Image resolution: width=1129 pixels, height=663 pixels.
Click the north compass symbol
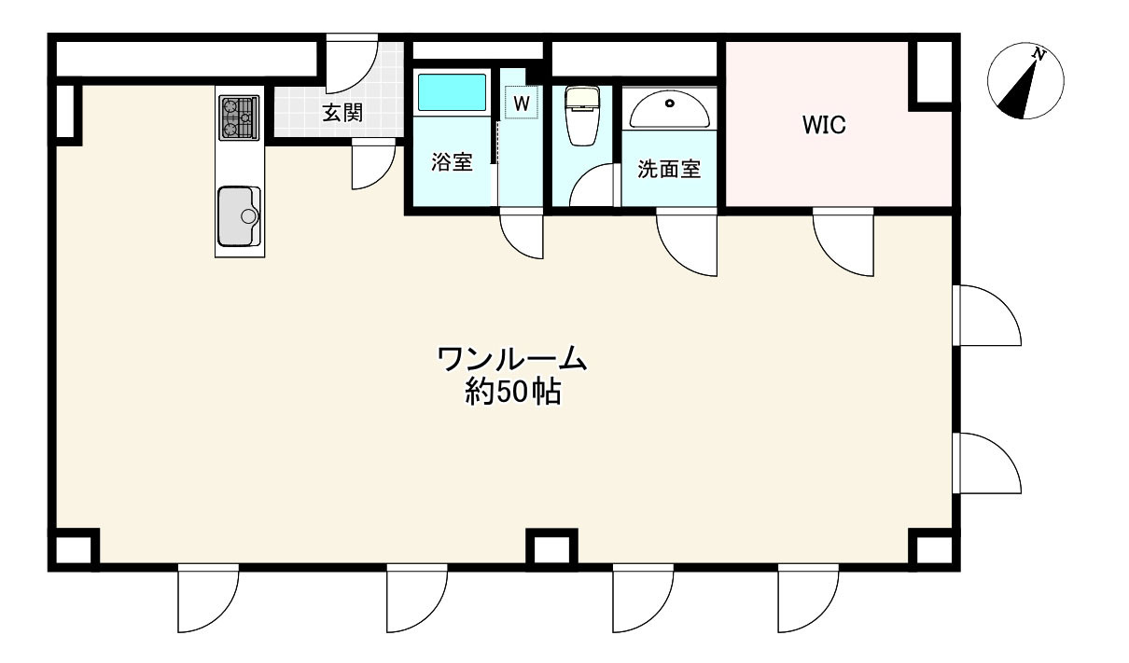click(1025, 81)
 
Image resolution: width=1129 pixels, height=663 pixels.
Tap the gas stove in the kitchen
click(238, 117)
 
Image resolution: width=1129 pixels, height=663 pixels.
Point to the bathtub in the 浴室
click(452, 93)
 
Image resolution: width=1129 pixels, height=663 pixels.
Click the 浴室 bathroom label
click(452, 162)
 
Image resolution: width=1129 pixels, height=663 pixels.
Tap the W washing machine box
click(522, 103)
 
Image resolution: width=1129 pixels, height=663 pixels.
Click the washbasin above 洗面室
click(669, 109)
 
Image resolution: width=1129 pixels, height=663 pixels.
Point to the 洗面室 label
click(669, 170)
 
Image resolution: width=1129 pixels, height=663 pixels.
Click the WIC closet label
click(824, 126)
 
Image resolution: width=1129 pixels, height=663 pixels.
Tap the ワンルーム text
click(511, 358)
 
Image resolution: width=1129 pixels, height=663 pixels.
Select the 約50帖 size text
click(512, 393)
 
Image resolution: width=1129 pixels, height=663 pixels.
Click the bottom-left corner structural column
click(75, 548)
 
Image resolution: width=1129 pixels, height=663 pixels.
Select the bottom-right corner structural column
click(932, 548)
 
